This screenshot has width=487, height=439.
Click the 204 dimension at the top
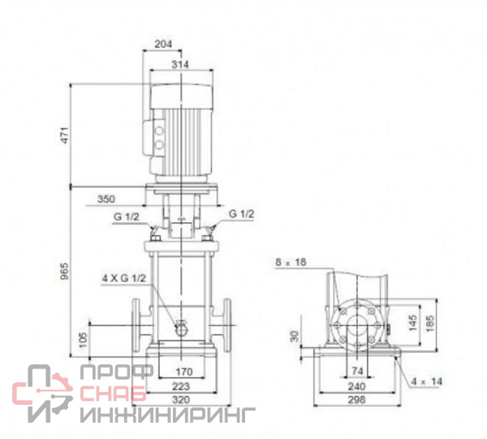tap(163, 44)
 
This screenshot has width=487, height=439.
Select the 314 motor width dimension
tap(180, 65)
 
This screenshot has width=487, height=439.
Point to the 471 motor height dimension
tap(65, 135)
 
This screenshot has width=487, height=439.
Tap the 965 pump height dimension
tap(64, 271)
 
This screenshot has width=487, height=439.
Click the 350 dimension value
tap(106, 199)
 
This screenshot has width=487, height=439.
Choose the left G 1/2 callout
tap(126, 217)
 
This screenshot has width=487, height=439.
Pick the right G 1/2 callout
tap(241, 214)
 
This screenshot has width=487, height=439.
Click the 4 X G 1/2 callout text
tap(124, 278)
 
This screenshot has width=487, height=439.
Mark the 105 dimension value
tap(83, 340)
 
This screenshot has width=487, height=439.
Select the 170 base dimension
tap(184, 372)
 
